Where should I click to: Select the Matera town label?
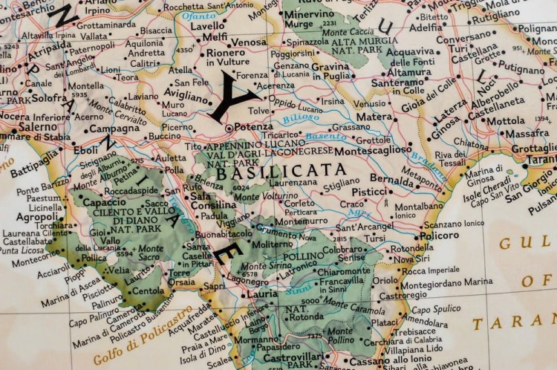click(x=373, y=117)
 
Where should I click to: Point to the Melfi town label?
click(x=215, y=37)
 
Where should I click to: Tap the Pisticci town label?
click(x=369, y=192)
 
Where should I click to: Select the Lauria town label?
click(x=262, y=294)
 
